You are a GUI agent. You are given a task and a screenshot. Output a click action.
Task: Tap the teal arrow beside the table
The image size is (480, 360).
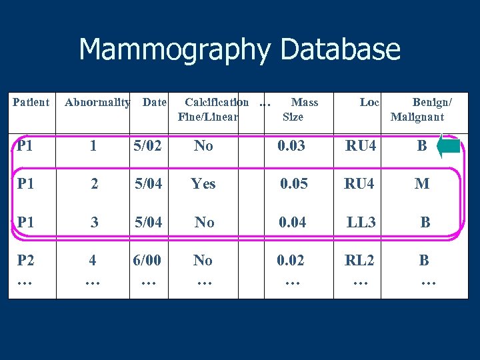click(448, 147)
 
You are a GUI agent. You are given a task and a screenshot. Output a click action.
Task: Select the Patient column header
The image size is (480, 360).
click(31, 103)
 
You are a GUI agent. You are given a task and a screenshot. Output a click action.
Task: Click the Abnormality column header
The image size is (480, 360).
click(97, 103)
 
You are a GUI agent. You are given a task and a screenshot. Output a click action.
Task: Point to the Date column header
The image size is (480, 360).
click(155, 103)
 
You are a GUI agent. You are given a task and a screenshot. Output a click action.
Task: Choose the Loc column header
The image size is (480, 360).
click(369, 103)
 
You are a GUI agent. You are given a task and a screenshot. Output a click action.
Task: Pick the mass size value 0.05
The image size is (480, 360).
click(293, 184)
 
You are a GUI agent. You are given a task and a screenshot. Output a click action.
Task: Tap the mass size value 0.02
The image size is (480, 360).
click(291, 261)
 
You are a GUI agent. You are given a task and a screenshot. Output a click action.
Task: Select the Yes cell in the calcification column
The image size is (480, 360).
click(203, 184)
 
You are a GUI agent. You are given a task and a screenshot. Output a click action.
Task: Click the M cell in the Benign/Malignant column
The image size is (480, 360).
click(422, 184)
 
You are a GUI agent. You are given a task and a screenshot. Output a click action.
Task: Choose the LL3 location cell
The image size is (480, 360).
click(361, 223)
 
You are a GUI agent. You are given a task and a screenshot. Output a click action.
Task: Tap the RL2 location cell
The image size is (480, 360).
click(360, 261)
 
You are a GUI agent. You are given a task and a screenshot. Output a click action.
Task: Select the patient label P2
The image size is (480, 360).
click(26, 261)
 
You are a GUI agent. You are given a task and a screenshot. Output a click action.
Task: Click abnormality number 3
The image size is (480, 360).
click(95, 223)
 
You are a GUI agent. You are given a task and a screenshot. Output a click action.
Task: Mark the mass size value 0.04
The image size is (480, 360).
click(293, 223)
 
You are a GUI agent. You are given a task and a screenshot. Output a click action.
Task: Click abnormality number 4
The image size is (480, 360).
click(93, 261)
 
